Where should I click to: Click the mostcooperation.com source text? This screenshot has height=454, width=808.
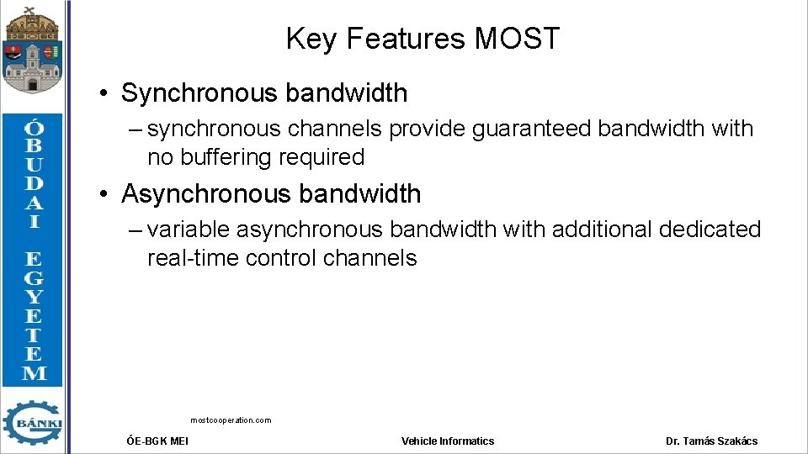(x=231, y=420)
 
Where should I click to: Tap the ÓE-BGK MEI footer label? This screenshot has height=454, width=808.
(x=157, y=441)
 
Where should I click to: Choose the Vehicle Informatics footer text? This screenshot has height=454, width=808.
(x=448, y=441)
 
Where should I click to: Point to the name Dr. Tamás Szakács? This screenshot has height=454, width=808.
(x=711, y=441)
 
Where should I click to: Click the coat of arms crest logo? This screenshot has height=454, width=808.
(x=32, y=49)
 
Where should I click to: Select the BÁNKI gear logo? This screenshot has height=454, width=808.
(x=32, y=422)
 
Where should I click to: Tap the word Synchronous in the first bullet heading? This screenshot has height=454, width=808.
(x=193, y=93)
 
